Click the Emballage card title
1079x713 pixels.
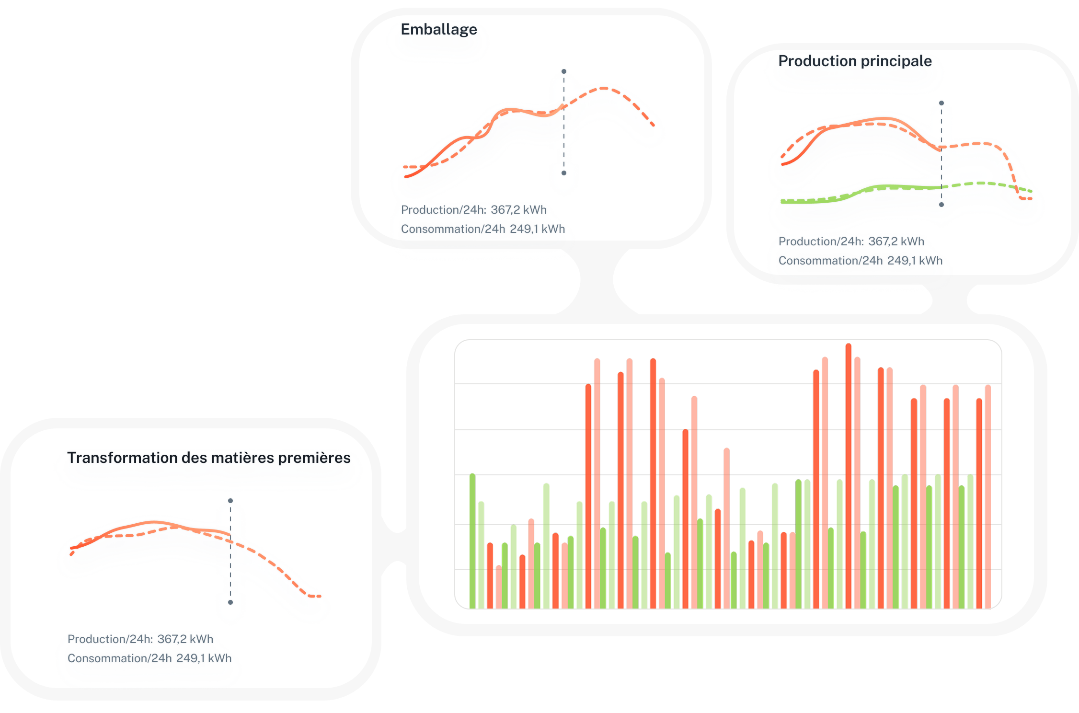tap(438, 30)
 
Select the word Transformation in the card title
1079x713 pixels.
tap(122, 458)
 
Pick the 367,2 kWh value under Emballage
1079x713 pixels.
tap(518, 210)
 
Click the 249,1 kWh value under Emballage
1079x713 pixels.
tap(537, 229)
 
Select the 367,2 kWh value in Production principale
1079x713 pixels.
tap(896, 241)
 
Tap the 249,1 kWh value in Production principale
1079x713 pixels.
tap(915, 261)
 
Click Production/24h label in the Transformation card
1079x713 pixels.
tap(110, 639)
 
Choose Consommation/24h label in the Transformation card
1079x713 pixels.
tap(120, 658)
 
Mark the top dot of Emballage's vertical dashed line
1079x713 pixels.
tap(564, 71)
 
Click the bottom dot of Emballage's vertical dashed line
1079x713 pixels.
tap(564, 173)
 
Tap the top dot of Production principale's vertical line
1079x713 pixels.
tap(941, 103)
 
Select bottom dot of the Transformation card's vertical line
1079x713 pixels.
tap(230, 602)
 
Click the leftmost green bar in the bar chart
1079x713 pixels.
tap(472, 541)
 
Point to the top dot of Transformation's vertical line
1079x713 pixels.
tap(230, 501)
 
